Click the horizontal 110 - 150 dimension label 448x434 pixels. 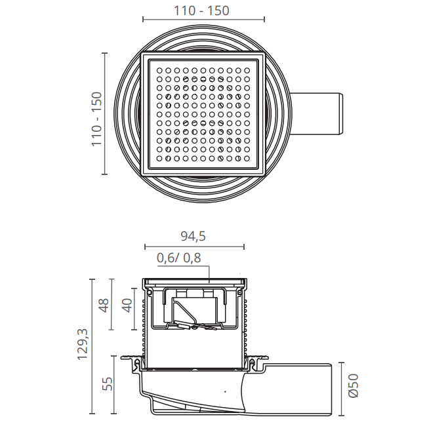click(201, 10)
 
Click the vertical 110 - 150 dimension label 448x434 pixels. click(97, 119)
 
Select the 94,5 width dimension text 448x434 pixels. click(193, 236)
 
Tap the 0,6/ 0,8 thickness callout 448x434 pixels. click(179, 258)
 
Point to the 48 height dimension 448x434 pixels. click(103, 305)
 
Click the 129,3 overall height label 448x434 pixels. click(83, 344)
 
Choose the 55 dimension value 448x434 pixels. click(107, 384)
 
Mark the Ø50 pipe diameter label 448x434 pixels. click(354, 385)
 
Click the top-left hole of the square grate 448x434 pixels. click(159, 70)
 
